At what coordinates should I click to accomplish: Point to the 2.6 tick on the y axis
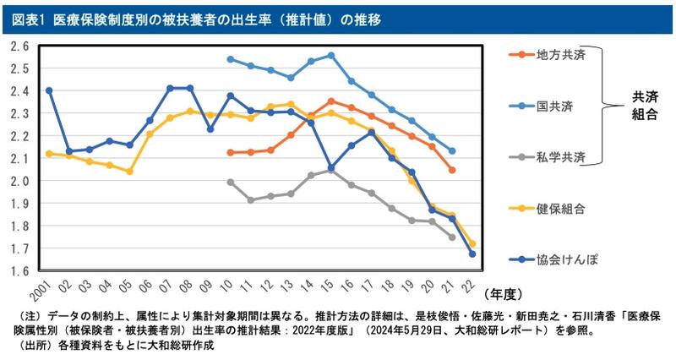(20, 46)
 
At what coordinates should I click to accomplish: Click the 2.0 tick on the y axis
(20, 181)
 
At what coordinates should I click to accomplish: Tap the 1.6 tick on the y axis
(20, 271)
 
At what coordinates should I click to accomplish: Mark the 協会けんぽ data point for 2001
(49, 90)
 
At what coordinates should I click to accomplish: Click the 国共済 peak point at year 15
(330, 56)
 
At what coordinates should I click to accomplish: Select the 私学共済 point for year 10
(231, 182)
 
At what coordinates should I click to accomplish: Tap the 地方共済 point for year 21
(452, 170)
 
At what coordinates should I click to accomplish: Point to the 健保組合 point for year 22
(472, 243)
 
